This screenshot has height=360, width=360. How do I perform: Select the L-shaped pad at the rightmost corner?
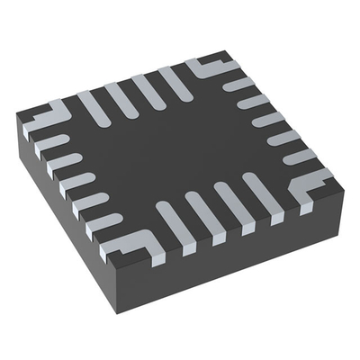tap(310, 185)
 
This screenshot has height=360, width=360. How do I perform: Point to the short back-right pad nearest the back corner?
tap(236, 85)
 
